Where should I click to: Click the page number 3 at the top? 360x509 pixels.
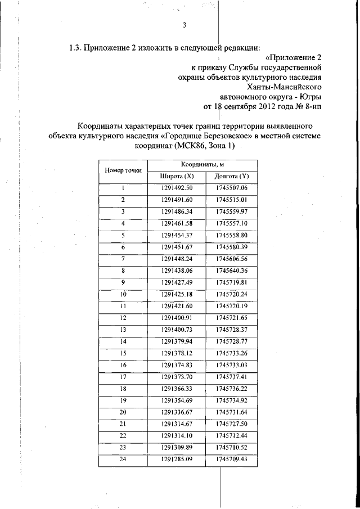click(x=184, y=25)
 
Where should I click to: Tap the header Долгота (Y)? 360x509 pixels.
click(x=231, y=177)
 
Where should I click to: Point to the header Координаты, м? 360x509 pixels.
click(x=203, y=164)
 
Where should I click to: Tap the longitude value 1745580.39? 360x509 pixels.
click(x=231, y=247)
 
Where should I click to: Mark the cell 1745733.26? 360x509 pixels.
click(x=231, y=353)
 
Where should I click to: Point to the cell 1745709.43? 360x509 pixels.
click(x=231, y=460)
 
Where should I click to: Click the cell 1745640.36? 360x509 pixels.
click(x=231, y=271)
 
